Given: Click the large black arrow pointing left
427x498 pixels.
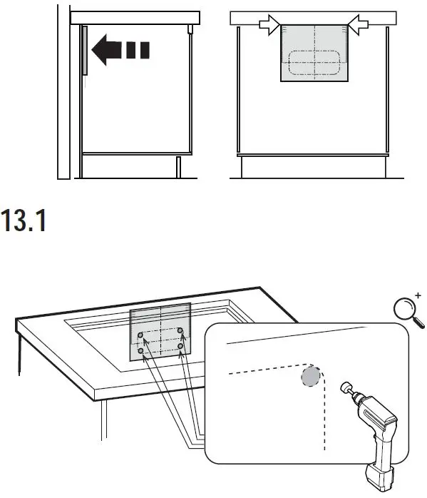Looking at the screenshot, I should tap(107, 51).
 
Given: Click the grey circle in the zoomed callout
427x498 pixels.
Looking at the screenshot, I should tap(309, 376).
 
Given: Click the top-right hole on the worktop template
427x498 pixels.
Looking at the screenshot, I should tap(180, 331).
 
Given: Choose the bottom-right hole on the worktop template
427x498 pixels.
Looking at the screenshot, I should tap(181, 347).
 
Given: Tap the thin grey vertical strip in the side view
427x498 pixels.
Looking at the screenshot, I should tap(84, 50).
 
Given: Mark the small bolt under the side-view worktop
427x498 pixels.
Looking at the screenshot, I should tap(190, 29).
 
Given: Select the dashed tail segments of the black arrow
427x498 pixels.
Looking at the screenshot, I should tap(138, 51).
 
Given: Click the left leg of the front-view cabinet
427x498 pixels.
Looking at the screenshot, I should tap(242, 167).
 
